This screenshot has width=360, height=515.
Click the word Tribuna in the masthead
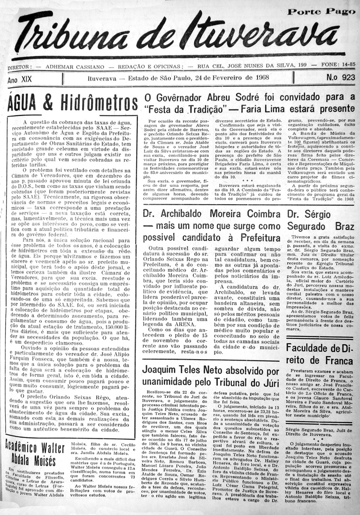[x=70, y=36]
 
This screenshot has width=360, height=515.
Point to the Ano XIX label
[x=20, y=79]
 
